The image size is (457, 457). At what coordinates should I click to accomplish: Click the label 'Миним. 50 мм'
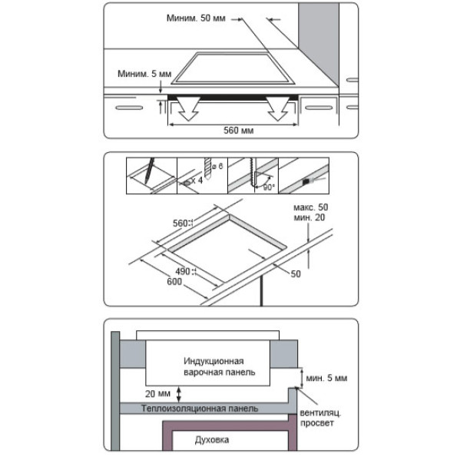(x=196, y=18)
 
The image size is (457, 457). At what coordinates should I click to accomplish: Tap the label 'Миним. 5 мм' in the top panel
(x=144, y=74)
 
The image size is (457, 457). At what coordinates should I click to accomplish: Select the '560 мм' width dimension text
(x=238, y=131)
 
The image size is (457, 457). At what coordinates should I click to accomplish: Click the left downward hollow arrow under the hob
(x=188, y=109)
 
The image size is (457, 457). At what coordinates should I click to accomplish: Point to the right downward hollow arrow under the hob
(x=278, y=109)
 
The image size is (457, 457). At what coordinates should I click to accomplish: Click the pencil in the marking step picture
(x=149, y=171)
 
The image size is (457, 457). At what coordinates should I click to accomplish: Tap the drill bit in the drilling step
(x=207, y=168)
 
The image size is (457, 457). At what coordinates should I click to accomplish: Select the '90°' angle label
(x=269, y=187)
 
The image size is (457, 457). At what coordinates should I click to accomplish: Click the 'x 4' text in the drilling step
(x=197, y=180)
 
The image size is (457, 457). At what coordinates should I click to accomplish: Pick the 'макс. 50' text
(x=311, y=207)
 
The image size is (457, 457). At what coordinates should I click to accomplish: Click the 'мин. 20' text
(x=309, y=217)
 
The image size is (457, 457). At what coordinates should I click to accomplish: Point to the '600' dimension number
(x=174, y=282)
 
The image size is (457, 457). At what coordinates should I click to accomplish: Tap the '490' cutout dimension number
(x=183, y=271)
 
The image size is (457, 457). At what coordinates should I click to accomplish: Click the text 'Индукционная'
(x=214, y=361)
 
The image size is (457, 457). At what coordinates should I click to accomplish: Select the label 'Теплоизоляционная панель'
(x=200, y=409)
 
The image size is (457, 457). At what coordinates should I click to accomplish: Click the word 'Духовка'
(x=212, y=439)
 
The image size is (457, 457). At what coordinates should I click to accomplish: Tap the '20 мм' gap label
(x=157, y=394)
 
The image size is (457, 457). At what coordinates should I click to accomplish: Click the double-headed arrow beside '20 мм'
(x=179, y=394)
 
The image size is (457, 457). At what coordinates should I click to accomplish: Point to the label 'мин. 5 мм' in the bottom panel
(x=326, y=378)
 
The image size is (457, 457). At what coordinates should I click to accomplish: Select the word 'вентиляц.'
(x=320, y=413)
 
